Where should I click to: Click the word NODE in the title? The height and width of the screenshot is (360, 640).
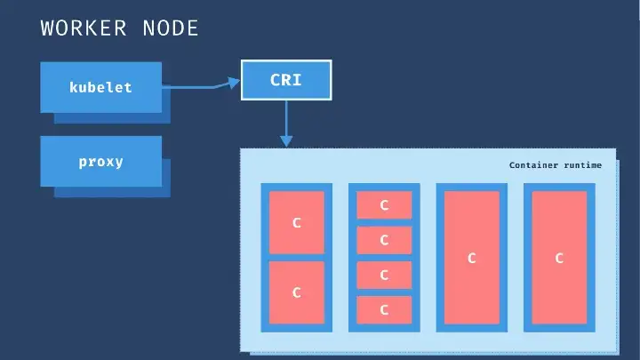170,28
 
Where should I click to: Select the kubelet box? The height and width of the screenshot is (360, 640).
100,87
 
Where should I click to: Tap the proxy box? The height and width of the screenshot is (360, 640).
100,162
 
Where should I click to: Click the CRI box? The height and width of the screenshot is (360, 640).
285,80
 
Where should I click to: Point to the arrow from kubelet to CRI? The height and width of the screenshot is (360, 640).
201,86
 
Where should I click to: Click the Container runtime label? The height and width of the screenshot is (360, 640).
555,165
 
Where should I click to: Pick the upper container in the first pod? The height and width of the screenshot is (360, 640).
297,222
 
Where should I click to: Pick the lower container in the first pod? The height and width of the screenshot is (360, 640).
297,292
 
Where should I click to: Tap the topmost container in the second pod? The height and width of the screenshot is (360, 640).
384,205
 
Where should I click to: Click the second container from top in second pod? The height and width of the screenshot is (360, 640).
384,240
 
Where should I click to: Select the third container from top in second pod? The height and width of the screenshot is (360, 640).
384,275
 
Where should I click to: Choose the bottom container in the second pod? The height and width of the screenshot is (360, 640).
384,309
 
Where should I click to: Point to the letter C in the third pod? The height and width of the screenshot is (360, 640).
472,259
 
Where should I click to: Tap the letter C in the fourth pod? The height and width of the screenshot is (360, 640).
559,259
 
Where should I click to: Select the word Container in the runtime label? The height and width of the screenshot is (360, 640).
533,165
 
